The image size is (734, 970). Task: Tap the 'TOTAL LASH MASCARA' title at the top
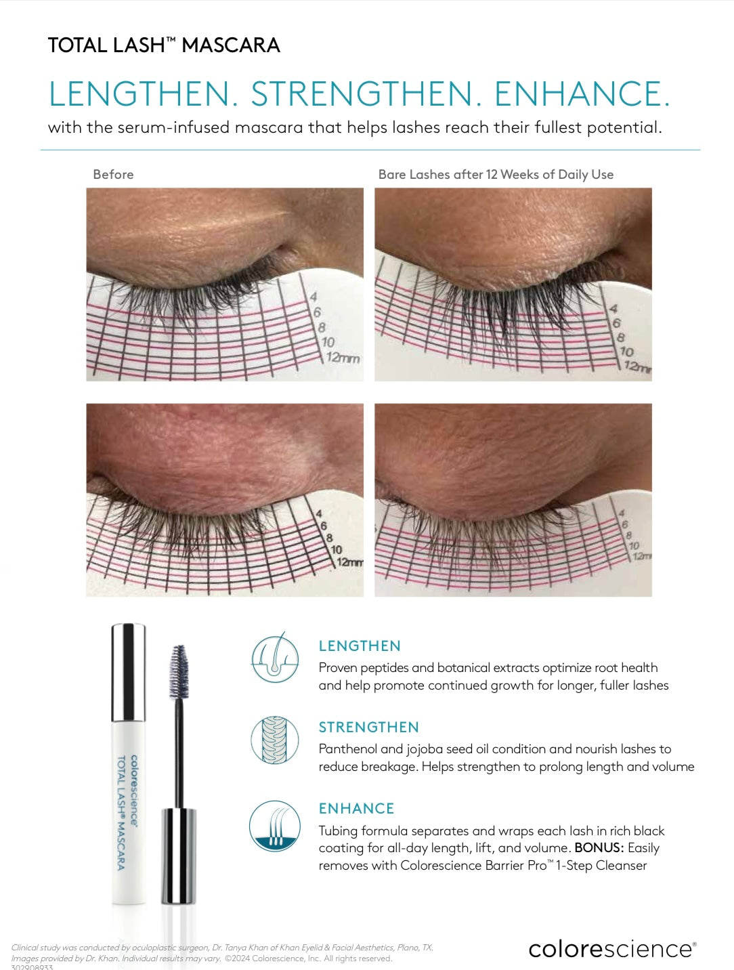coord(164,45)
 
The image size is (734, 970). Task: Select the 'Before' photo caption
coord(113,174)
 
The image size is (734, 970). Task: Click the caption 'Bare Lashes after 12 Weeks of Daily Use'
coord(496,174)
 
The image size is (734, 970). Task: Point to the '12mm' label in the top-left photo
coord(343,358)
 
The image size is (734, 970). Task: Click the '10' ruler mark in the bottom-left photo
coord(336,549)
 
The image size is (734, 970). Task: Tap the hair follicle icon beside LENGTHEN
coord(275,658)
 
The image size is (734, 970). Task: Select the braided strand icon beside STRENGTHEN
coord(275,740)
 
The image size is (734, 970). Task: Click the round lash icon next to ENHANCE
coord(275,825)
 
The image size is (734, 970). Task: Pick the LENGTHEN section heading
coord(360,646)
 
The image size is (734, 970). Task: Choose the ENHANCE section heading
coord(356,809)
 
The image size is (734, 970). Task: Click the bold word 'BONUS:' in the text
coord(599,848)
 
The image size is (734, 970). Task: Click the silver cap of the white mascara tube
coord(128,672)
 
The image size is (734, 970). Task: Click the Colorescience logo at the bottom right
coord(611,948)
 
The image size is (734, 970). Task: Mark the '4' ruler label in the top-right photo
coord(613,309)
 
